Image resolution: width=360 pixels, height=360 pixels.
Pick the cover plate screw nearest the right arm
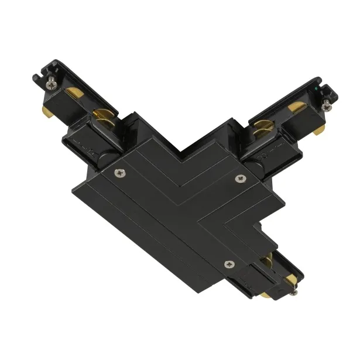click(x=238, y=177)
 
